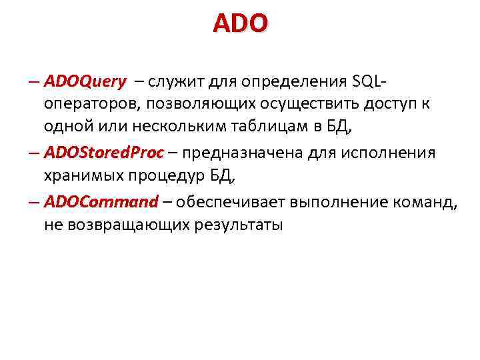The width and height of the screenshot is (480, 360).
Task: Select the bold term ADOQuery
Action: pyautogui.click(x=85, y=82)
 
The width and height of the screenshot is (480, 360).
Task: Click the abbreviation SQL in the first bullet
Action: pyautogui.click(x=365, y=82)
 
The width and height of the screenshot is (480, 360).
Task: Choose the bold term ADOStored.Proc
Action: pyautogui.click(x=103, y=153)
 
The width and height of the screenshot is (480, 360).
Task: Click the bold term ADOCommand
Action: pyautogui.click(x=101, y=201)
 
